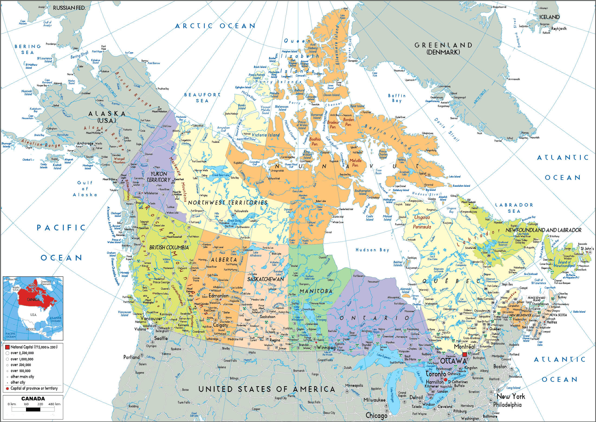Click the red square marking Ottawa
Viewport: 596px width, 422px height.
[465, 354]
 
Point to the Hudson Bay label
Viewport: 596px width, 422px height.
[372, 250]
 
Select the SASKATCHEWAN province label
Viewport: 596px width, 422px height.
[265, 279]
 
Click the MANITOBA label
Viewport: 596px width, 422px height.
[316, 291]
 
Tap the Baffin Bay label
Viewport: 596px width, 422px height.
[397, 98]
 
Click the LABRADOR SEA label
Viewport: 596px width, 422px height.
[514, 208]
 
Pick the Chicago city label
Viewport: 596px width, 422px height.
[376, 416]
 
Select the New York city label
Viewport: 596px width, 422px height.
[511, 396]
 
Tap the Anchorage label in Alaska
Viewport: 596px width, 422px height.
[85, 144]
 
